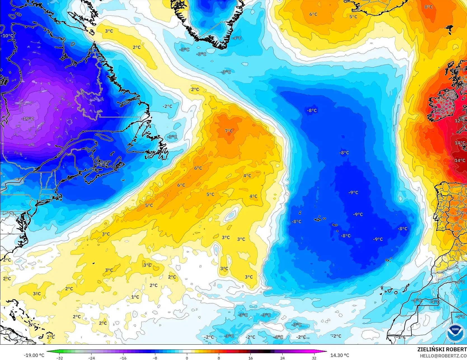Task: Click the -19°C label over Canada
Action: coord(28,119)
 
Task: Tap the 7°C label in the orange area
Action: coord(229,131)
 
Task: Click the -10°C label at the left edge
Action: coord(7,36)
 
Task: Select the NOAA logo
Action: coord(455,333)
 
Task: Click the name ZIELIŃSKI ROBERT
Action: coord(442,349)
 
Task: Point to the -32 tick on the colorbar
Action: coord(60,358)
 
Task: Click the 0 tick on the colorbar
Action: coord(187,358)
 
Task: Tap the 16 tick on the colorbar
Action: coord(250,358)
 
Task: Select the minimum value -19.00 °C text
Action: coord(34,355)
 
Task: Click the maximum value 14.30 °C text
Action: coord(340,355)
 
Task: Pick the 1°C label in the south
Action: coord(135,297)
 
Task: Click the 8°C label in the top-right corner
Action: coord(428,7)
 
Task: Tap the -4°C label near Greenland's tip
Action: coord(237,38)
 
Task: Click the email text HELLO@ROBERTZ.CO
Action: coord(443,356)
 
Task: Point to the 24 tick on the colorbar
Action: coord(282,358)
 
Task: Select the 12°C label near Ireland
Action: coord(459,121)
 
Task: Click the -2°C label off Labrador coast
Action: coord(167,106)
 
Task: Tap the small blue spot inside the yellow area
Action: coord(231,215)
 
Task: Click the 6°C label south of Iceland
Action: coord(313,14)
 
